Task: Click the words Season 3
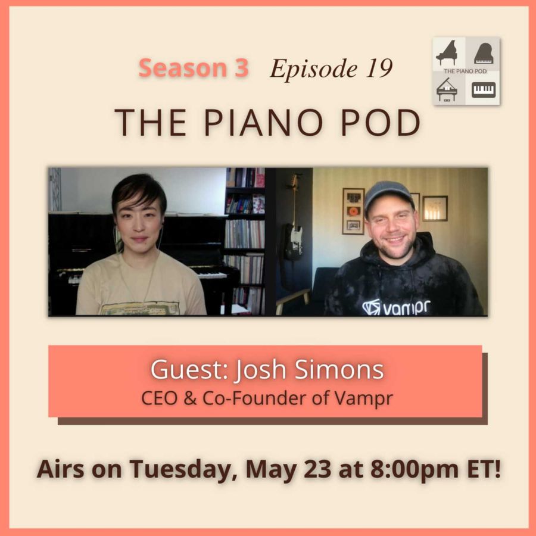pyautogui.click(x=194, y=69)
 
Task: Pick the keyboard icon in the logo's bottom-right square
pyautogui.click(x=483, y=90)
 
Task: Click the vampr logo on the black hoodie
pyautogui.click(x=396, y=307)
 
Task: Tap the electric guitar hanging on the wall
pyautogui.click(x=294, y=232)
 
